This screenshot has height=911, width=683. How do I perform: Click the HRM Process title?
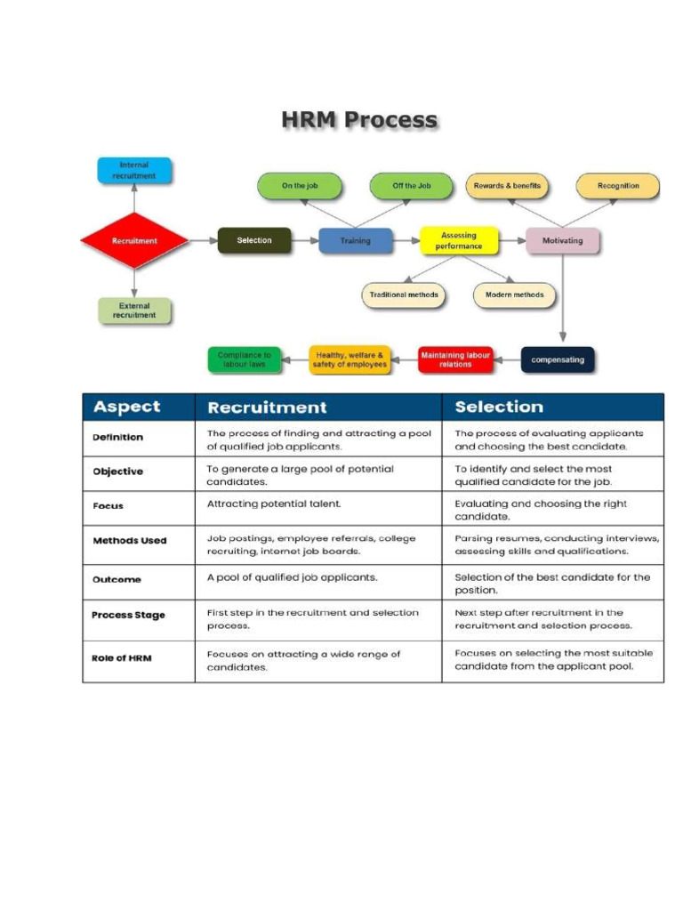[x=359, y=120]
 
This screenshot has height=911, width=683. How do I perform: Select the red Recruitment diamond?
[x=134, y=241]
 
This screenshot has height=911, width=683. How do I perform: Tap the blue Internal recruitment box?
[x=134, y=171]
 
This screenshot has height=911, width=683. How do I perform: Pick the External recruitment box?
[x=134, y=310]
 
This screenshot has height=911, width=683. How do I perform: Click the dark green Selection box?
[x=254, y=240]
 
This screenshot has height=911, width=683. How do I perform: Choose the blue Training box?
[x=356, y=241]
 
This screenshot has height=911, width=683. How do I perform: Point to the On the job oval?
[x=300, y=186]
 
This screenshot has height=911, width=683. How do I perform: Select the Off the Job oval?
[x=412, y=186]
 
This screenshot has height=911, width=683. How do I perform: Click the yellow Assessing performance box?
[x=459, y=241]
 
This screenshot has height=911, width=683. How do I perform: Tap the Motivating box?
[x=563, y=241]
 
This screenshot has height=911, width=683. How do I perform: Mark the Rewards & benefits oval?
[x=507, y=186]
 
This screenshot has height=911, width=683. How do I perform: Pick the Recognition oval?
[x=618, y=186]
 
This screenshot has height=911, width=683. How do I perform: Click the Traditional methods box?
[x=405, y=295]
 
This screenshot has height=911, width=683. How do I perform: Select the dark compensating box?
[x=558, y=359]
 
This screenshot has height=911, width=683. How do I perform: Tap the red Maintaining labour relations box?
[x=455, y=359]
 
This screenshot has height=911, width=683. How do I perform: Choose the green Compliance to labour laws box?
[x=244, y=359]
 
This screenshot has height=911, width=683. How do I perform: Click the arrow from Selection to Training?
[x=305, y=241]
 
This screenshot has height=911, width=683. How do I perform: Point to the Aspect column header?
[x=127, y=407]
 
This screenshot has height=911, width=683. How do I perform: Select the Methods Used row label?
[x=130, y=541]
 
